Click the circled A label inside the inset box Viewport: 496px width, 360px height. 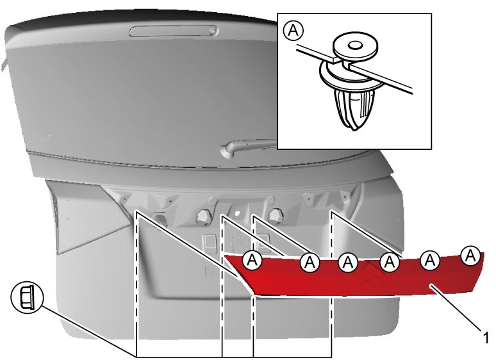pos(293,31)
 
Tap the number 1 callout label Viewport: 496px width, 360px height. pos(486,337)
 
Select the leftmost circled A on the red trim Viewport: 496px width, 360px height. pos(252,260)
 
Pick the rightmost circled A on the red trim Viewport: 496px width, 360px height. pos(471,256)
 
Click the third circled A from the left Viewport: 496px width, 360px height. pos(348,262)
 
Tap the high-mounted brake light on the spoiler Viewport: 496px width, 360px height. pos(174,31)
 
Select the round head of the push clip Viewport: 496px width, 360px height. pos(356,45)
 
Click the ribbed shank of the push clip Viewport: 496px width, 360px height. pos(354,109)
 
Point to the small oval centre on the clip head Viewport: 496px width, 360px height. pos(356,45)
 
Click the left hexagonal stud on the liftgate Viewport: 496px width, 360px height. pos(203,216)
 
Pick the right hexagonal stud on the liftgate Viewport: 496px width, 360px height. pos(275,216)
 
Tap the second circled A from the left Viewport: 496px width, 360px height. pos(310,262)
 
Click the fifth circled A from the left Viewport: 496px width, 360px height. pos(430,260)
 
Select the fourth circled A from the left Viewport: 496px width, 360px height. pos(390,261)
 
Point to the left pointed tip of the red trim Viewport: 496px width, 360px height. pos(226,256)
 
